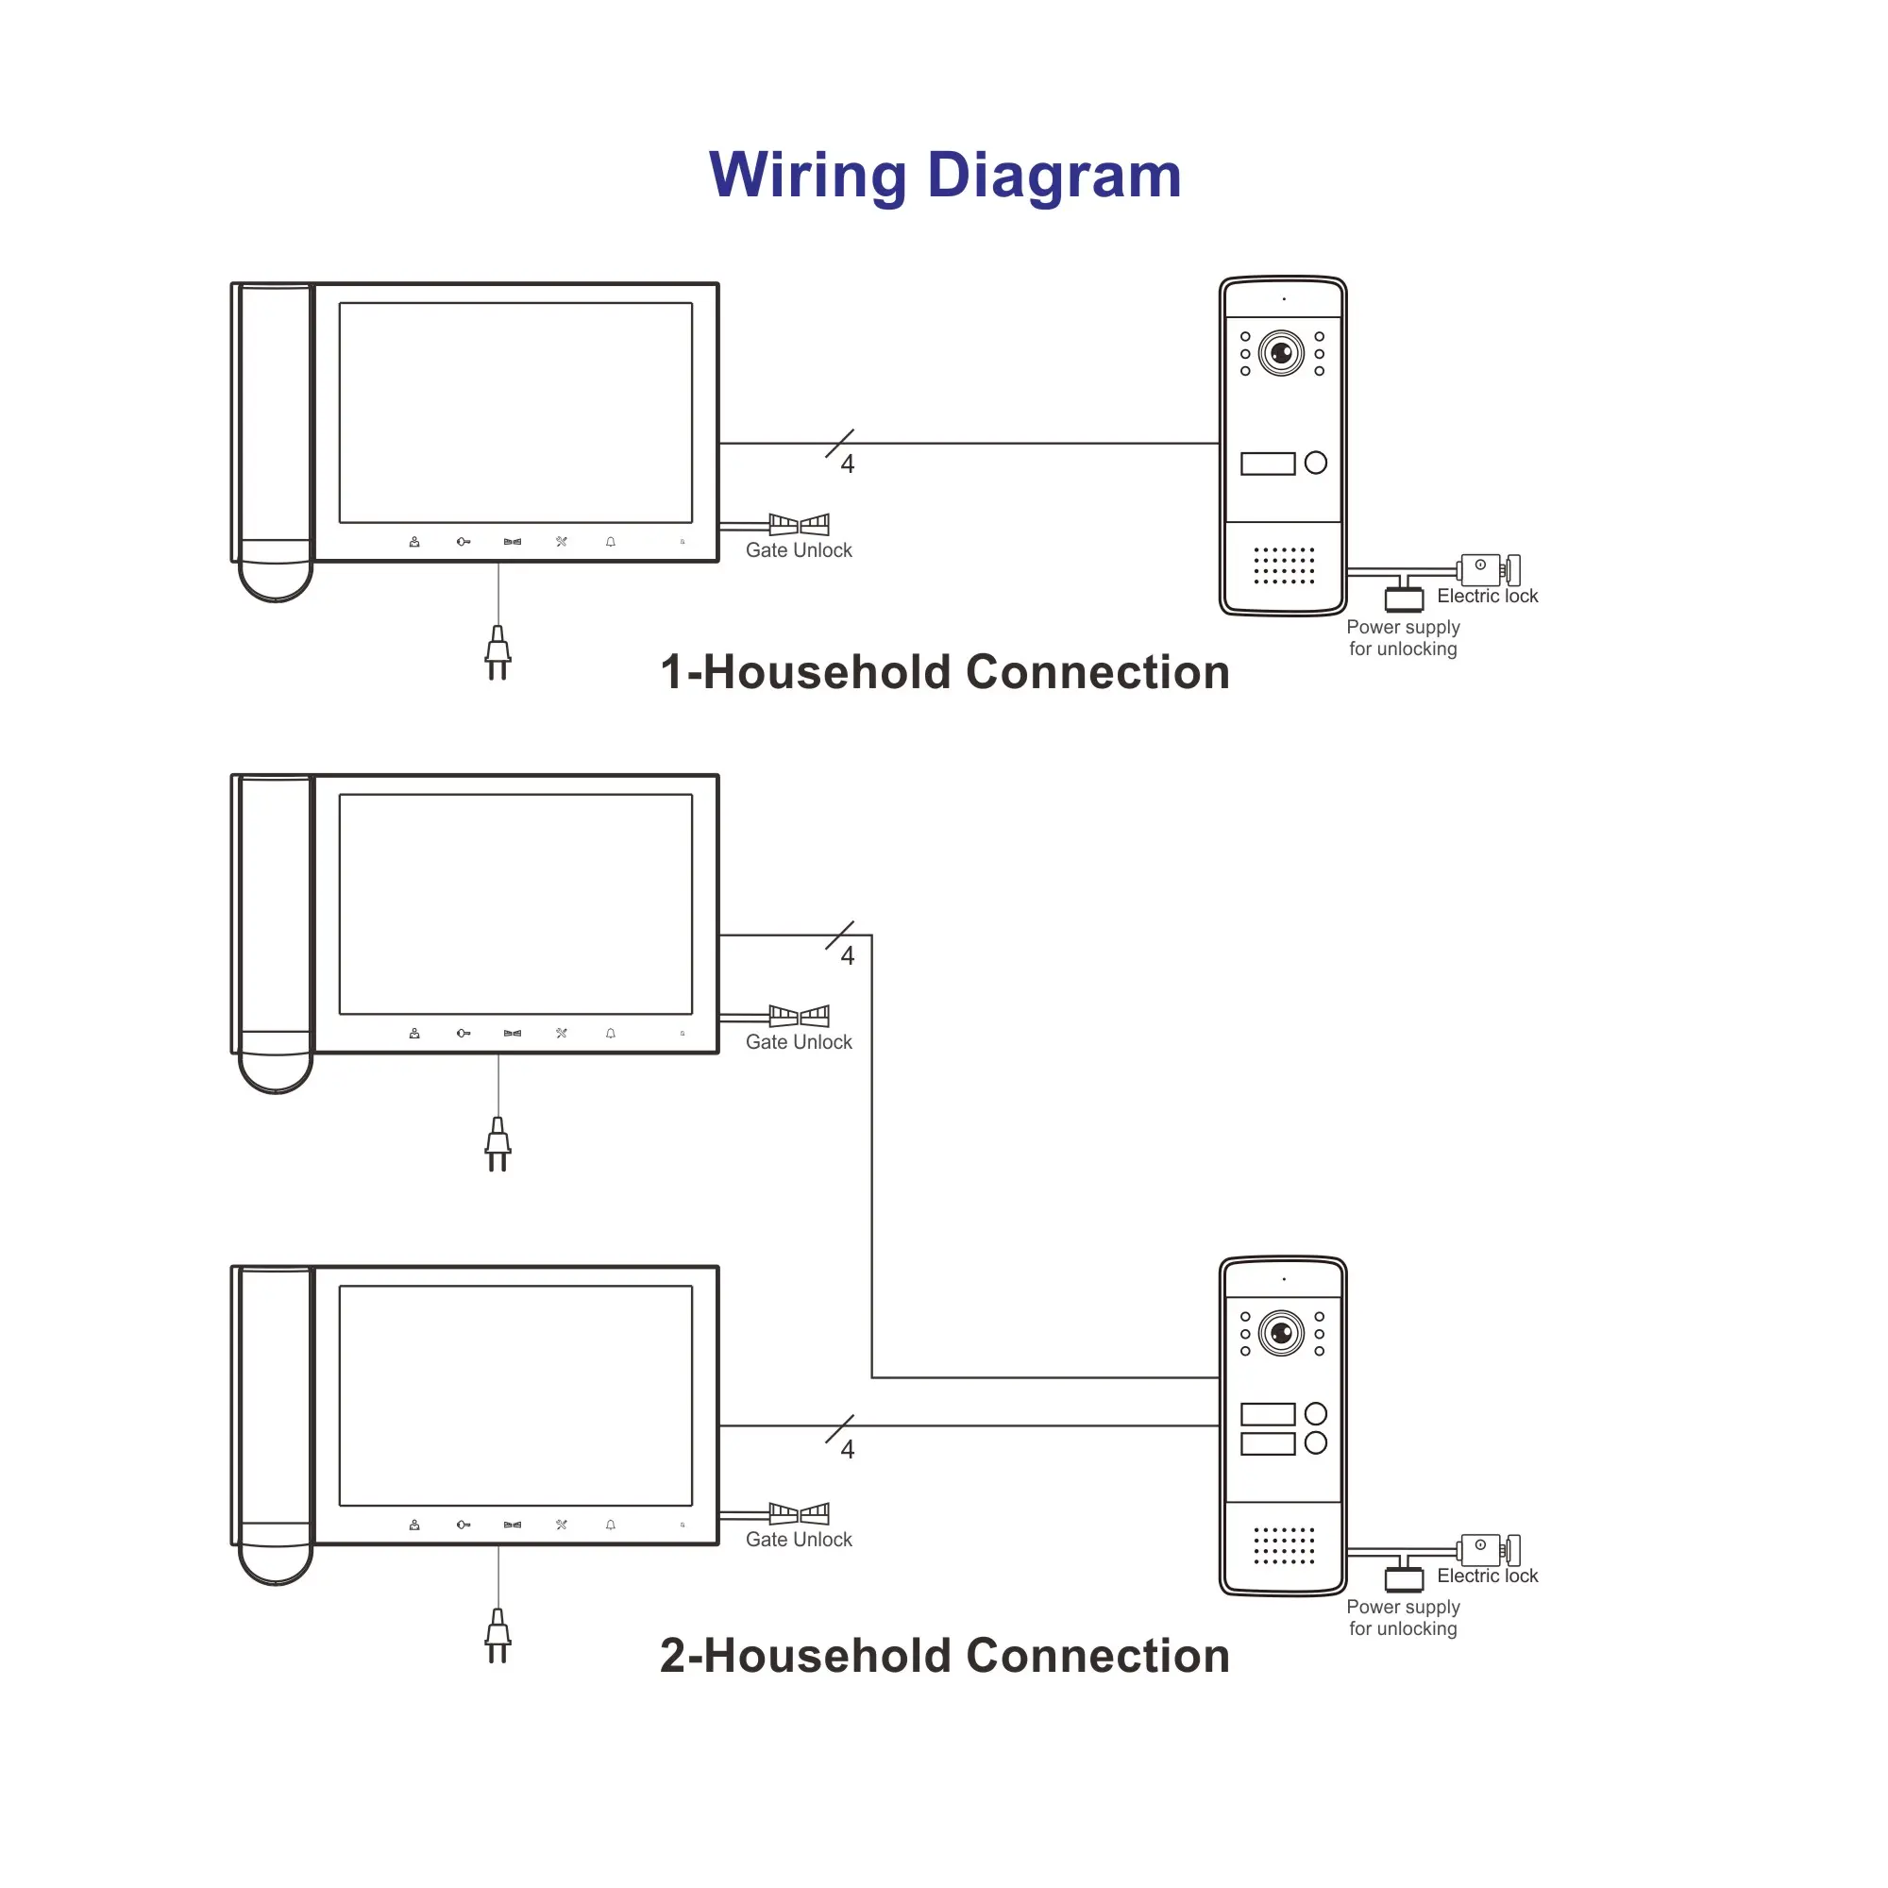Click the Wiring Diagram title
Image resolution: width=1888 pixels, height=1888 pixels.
coord(944,176)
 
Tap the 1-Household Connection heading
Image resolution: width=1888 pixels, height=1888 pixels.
coord(944,672)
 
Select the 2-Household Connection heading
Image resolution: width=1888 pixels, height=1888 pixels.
coord(944,1656)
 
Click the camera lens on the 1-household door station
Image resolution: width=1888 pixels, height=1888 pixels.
coord(1281,353)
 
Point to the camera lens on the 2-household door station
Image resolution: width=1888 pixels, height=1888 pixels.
coord(1281,1333)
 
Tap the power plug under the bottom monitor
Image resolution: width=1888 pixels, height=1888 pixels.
coord(497,1635)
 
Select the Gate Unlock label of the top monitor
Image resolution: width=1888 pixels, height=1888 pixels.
coord(799,550)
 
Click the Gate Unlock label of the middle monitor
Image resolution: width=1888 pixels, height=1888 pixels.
coord(799,1042)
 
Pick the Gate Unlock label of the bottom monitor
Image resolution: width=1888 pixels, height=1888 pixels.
coord(799,1539)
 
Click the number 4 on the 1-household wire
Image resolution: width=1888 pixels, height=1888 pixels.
coord(848,464)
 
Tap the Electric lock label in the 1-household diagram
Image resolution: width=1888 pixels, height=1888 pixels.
coord(1487,596)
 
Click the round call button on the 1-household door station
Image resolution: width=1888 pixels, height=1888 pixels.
coord(1315,463)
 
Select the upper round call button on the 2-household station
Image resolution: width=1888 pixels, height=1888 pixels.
coord(1315,1413)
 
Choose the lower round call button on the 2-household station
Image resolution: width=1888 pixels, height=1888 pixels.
coord(1315,1442)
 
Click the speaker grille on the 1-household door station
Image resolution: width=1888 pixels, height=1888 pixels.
coord(1283,565)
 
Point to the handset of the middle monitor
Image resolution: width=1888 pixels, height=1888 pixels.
coord(276,934)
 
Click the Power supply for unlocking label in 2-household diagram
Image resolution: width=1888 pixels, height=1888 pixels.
coord(1403,1617)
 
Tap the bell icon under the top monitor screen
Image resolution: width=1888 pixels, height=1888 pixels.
coord(611,541)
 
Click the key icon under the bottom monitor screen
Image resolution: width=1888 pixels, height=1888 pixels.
coord(464,1525)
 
